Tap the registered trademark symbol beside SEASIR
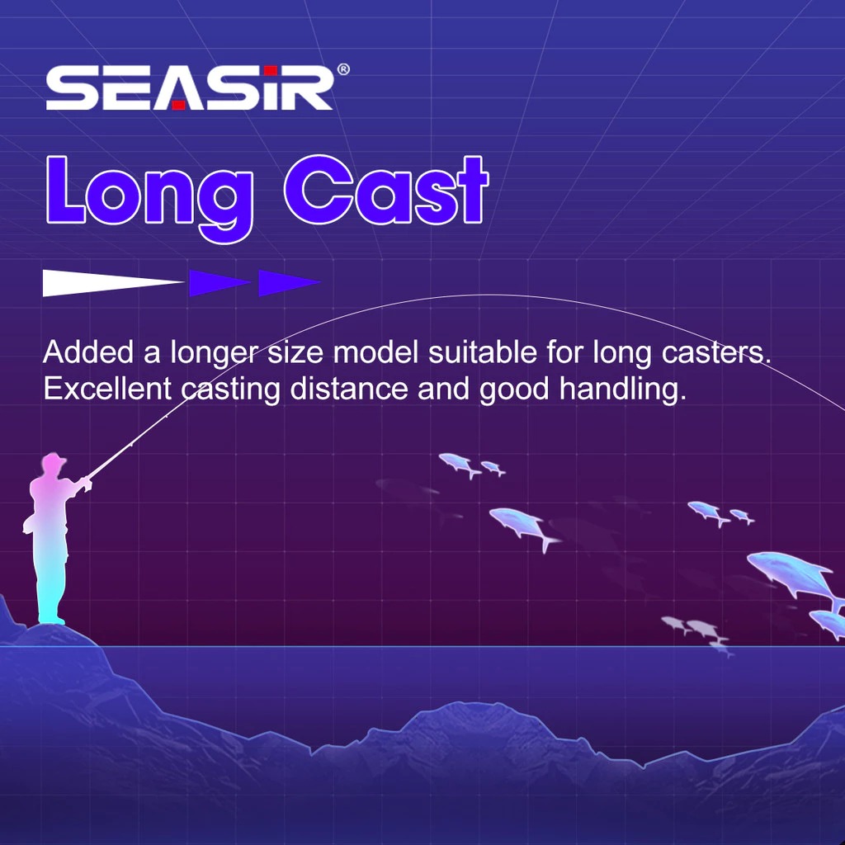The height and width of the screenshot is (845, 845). [x=342, y=69]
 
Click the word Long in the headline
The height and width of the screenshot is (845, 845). [x=150, y=196]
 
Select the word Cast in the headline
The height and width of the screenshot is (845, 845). [x=386, y=190]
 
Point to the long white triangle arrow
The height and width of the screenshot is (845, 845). [x=113, y=282]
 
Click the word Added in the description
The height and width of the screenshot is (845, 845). [x=87, y=352]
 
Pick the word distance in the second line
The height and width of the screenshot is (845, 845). [x=349, y=389]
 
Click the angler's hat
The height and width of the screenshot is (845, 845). [x=54, y=462]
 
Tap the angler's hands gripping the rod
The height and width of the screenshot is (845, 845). [x=86, y=483]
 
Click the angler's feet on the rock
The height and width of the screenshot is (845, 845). [x=51, y=620]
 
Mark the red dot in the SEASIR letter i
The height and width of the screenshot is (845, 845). [x=271, y=70]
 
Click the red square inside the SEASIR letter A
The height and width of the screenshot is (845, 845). [x=178, y=104]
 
